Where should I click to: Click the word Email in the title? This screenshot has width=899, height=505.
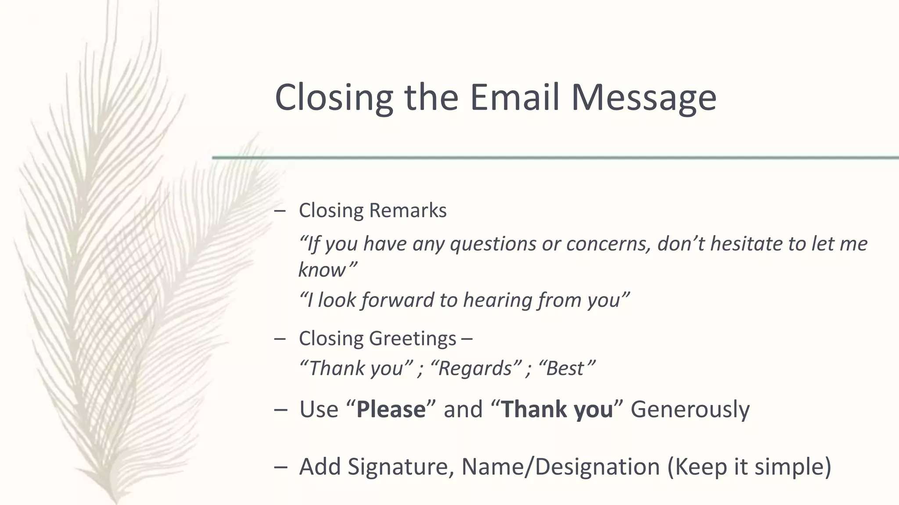point(514,97)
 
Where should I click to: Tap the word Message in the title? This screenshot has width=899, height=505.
point(644,97)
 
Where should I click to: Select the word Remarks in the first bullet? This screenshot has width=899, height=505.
point(408,210)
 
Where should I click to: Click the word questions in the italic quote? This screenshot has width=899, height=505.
point(493,244)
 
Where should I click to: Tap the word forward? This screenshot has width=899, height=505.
point(398,300)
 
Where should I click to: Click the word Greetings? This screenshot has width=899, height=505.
point(413,339)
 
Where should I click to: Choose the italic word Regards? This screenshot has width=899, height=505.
point(475,368)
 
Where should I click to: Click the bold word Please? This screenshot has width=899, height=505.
point(391,409)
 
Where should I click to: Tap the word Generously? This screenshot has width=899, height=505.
point(690,409)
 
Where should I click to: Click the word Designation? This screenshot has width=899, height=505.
point(597,466)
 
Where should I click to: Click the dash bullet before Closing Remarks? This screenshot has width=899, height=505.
point(279,211)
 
